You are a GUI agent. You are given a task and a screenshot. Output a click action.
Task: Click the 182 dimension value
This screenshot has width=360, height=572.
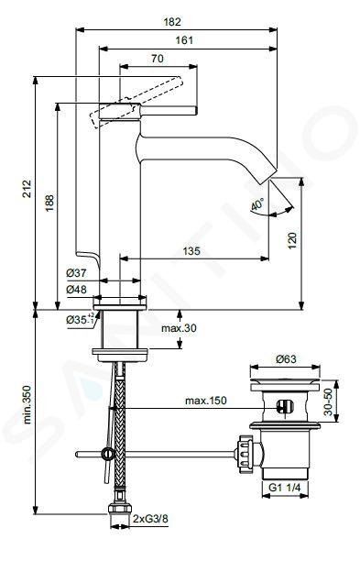[x=172, y=22]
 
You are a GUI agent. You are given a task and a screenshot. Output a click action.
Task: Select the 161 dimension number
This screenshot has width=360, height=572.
[x=184, y=40]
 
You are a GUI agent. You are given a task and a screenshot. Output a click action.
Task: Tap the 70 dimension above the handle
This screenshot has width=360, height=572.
[x=157, y=59]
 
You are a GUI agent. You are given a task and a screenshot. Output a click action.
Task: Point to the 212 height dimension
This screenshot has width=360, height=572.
[x=27, y=188]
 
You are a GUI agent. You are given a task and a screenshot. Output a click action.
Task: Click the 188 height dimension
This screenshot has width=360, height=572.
[x=49, y=203]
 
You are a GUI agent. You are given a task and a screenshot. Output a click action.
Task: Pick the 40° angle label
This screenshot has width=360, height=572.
[x=257, y=203]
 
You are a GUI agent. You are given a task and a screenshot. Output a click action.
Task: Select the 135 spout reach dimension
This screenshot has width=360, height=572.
[x=191, y=251]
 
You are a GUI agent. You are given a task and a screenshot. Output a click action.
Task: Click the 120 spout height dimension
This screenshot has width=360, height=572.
[x=292, y=240]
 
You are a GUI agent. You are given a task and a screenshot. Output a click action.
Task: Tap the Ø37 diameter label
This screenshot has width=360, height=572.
[x=77, y=272]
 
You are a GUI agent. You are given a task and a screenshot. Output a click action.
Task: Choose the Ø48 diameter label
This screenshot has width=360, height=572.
[x=77, y=290]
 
